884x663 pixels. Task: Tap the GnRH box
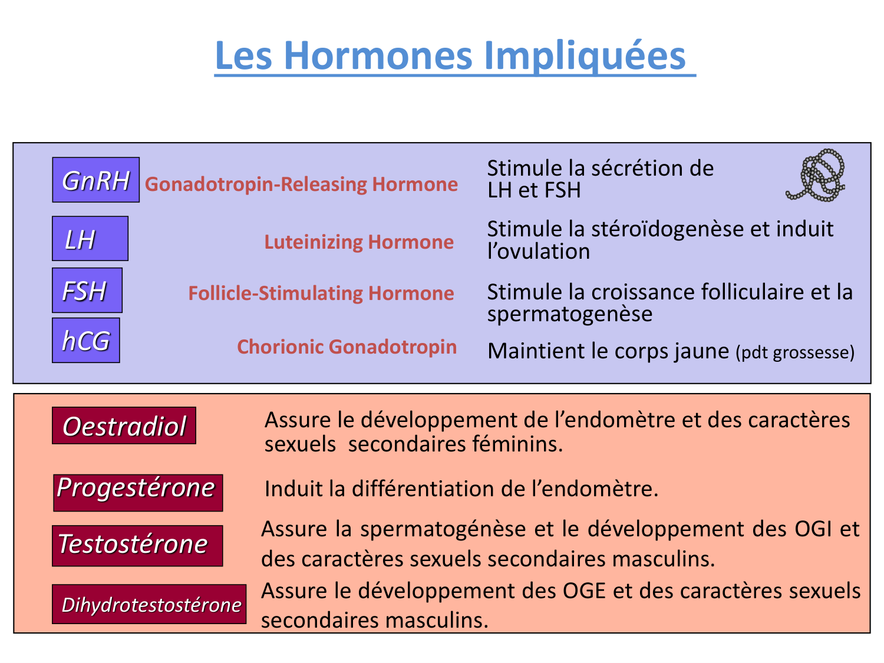95,180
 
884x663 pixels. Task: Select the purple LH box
90,239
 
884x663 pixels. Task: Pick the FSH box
87,291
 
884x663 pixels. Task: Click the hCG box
85,341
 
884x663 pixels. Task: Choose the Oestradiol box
124,425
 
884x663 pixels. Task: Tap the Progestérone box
138,492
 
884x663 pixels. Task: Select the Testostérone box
137,546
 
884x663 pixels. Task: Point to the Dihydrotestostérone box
149,604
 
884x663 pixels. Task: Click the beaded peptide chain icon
817,175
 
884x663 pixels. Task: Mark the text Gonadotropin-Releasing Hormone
301,184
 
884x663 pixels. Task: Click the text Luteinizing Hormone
358,242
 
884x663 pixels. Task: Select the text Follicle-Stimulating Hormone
321,293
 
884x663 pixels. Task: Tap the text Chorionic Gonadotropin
347,347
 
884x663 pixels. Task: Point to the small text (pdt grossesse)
794,352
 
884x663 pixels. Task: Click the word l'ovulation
538,252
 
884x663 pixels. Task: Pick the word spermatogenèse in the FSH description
569,314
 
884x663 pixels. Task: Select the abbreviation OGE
585,591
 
